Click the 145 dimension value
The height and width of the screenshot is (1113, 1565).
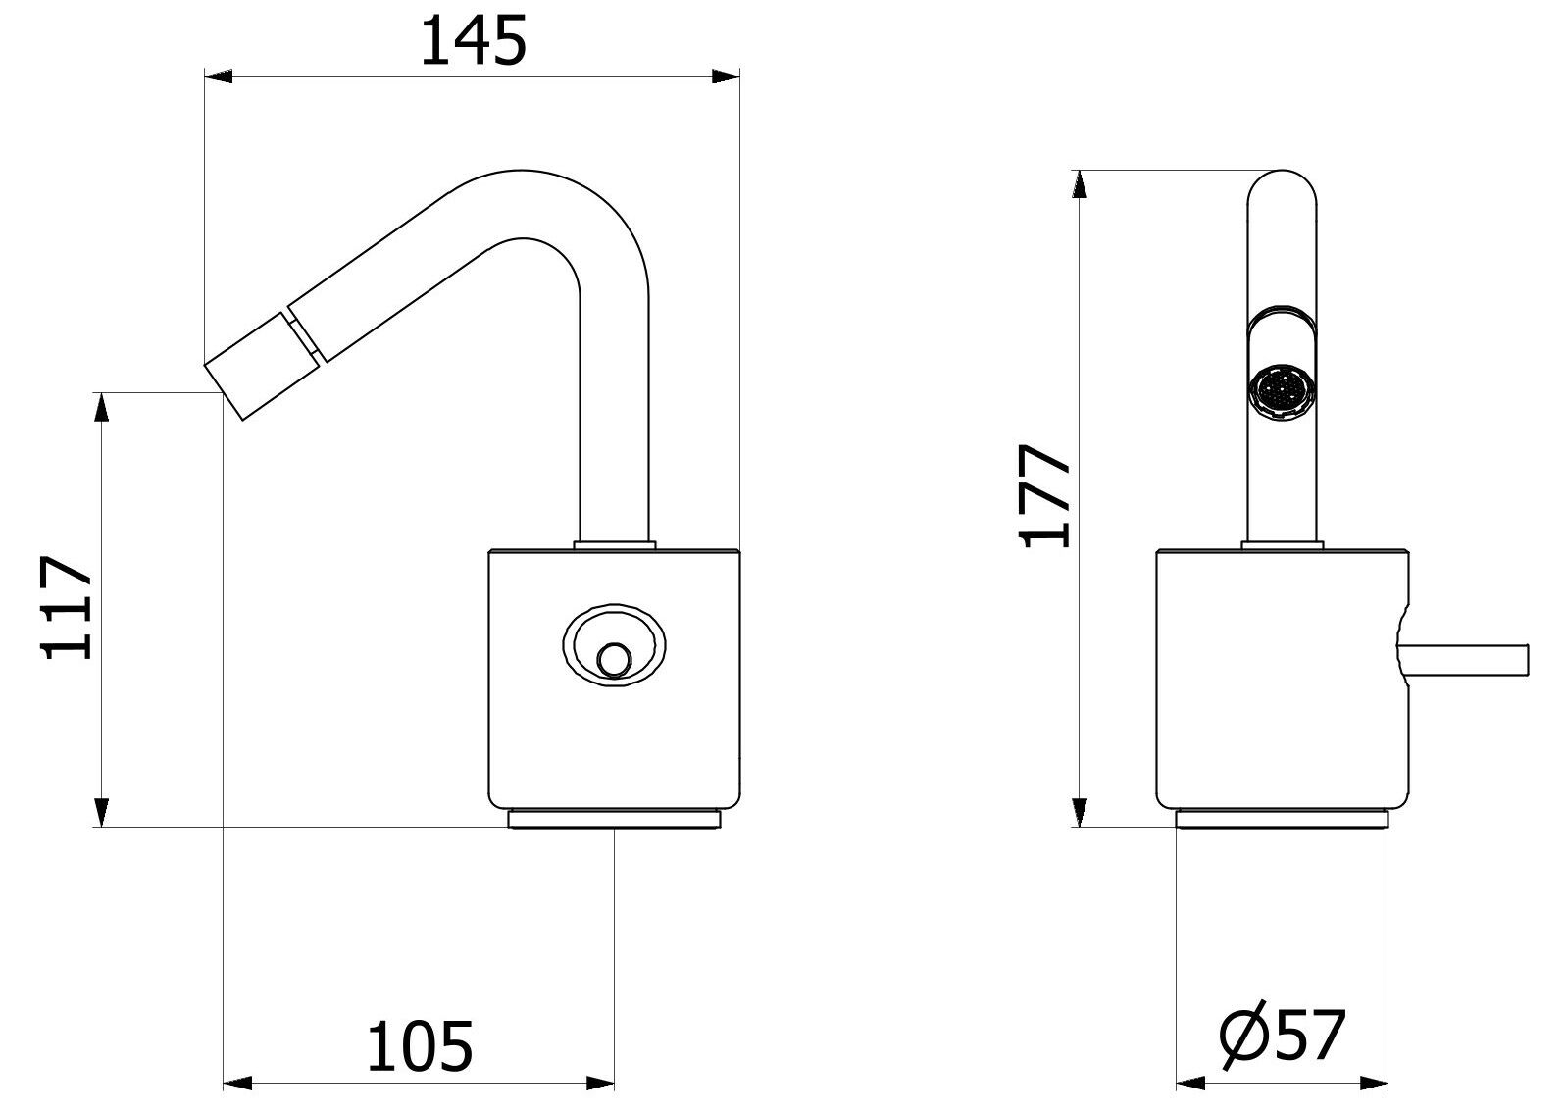pos(473,41)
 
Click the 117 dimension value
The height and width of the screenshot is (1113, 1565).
pos(67,607)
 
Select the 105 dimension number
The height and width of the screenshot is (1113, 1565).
pos(420,1046)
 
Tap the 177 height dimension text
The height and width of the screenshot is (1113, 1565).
pos(1044,495)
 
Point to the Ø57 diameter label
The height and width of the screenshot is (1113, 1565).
pos(1282,1037)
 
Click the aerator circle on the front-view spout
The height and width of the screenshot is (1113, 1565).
pos(1282,392)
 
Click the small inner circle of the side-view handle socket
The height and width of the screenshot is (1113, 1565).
pos(614,660)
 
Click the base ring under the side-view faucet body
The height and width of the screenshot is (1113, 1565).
pos(614,819)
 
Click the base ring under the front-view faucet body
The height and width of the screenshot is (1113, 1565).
pos(1282,819)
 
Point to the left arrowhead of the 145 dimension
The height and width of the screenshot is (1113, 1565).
pos(218,76)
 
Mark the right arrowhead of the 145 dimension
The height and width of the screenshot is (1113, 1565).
pos(726,76)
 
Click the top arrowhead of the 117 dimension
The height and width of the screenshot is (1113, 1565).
pos(102,407)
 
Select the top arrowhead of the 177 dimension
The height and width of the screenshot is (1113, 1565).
pos(1081,183)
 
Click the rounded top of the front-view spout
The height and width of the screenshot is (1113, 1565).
pos(1282,187)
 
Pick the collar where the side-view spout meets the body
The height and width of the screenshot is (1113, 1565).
pos(614,545)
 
